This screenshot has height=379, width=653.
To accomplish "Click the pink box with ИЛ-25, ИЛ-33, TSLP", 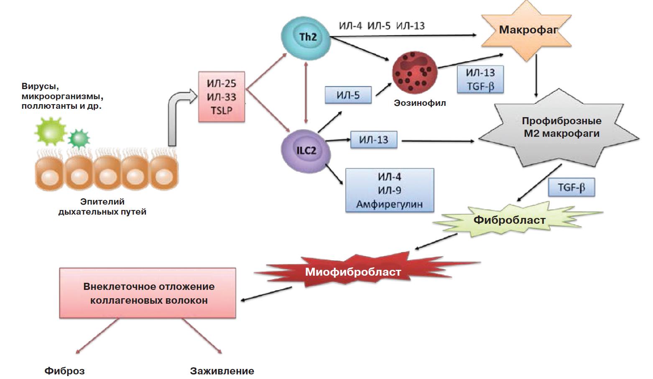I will [222, 97].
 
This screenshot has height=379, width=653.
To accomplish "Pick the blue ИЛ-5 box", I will [348, 95].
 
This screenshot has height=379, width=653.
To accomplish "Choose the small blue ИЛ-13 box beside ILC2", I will [374, 140].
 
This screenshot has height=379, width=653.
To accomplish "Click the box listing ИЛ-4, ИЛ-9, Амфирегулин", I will [389, 190].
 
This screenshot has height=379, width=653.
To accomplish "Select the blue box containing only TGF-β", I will [571, 187].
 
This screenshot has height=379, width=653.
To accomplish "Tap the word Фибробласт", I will [509, 220].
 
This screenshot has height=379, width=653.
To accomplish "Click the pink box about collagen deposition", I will [148, 293].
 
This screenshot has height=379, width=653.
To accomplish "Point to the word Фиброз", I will [65, 371].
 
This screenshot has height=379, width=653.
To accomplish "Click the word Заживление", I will [222, 371].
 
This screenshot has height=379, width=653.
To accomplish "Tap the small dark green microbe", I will [79, 138].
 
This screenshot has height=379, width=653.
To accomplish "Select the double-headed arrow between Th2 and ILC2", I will [306, 92].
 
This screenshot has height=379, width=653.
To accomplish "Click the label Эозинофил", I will [420, 103].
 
